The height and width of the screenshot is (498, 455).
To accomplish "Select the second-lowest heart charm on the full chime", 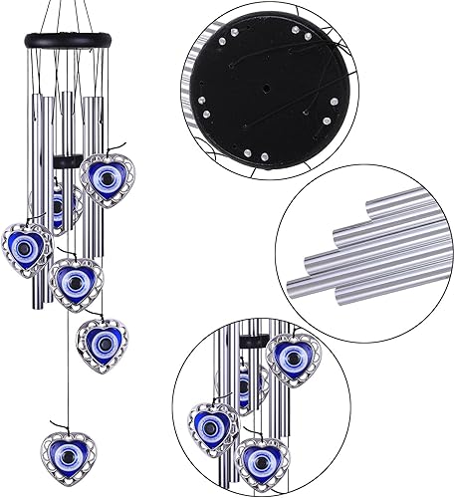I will [x=102, y=340].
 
